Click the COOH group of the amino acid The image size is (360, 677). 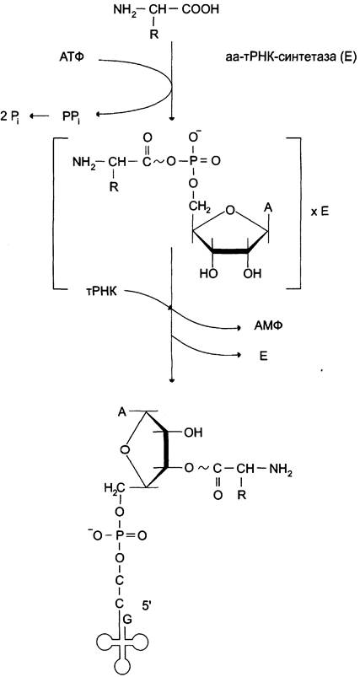pyautogui.click(x=200, y=9)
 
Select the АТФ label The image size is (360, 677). pyautogui.click(x=78, y=57)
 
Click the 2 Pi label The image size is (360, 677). pyautogui.click(x=10, y=116)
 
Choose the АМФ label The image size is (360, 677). pyautogui.click(x=266, y=328)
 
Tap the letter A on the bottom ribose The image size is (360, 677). pyautogui.click(x=122, y=412)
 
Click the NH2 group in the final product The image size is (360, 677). pyautogui.click(x=281, y=469)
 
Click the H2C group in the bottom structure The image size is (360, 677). pyautogui.click(x=115, y=489)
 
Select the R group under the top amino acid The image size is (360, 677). pyautogui.click(x=153, y=35)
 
